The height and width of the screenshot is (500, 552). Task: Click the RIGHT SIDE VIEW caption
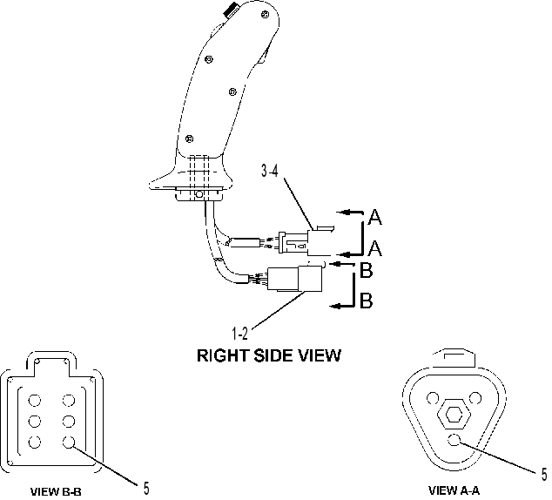click(269, 355)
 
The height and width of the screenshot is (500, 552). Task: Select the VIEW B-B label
click(56, 491)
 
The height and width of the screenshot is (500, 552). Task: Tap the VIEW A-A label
click(454, 490)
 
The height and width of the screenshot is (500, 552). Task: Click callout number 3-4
click(270, 171)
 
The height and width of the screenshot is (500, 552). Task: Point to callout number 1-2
click(239, 334)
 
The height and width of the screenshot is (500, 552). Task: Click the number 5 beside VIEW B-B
click(146, 489)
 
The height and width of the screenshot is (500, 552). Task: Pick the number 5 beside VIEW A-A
click(544, 475)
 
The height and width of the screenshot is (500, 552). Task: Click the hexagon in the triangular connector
click(453, 415)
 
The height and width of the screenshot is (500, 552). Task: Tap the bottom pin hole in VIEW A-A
click(454, 439)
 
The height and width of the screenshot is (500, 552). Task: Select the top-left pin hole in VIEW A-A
click(433, 398)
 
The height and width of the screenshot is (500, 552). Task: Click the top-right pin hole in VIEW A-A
click(475, 399)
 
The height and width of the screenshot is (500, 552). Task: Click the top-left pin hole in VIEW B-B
click(35, 401)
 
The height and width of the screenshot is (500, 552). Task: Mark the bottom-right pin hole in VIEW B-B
click(69, 442)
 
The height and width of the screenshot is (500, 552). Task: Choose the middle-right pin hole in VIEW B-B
click(69, 421)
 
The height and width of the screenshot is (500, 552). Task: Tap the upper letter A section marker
click(375, 217)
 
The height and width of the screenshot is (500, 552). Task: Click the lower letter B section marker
click(367, 301)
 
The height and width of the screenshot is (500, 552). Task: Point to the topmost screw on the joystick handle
click(265, 15)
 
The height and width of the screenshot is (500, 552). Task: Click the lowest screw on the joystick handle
click(189, 139)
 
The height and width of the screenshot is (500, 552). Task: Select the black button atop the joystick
click(232, 9)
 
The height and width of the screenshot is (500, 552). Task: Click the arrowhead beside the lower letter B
click(335, 306)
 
